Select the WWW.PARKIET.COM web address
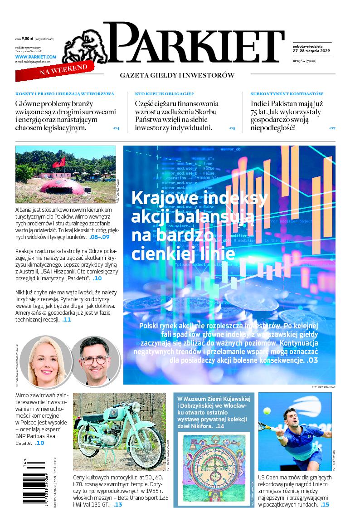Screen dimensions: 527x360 [35, 57]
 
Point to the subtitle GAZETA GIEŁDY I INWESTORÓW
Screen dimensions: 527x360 [177, 75]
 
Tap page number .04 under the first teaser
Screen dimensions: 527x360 [116, 128]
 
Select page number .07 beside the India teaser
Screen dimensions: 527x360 [332, 128]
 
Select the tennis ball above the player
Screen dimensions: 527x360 [267, 411]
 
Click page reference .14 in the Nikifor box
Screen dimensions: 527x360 [220, 426]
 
